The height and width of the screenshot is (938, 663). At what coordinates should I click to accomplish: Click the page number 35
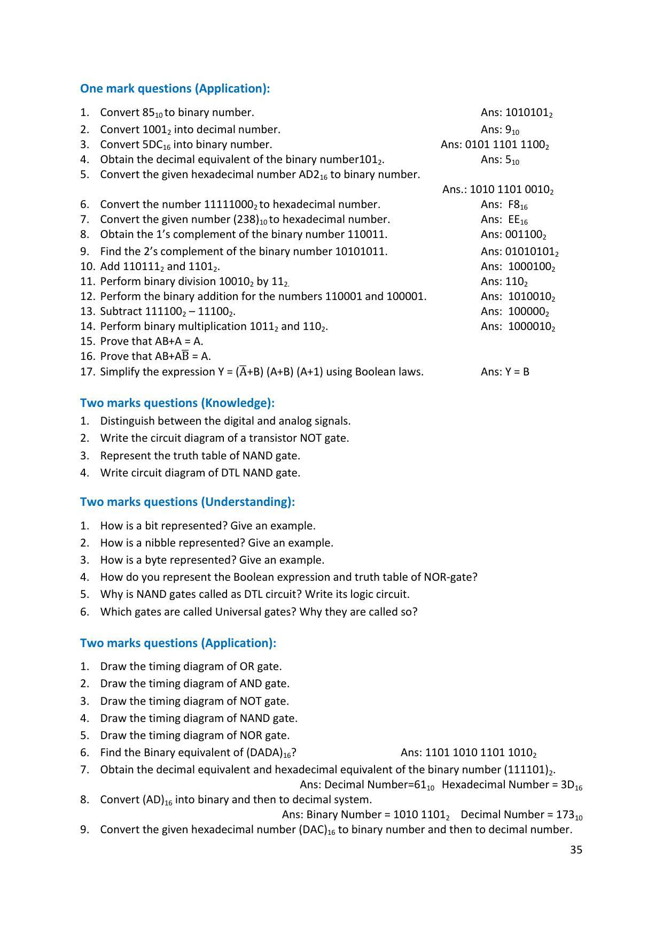click(576, 850)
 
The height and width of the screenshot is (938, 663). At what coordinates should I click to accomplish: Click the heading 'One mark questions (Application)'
click(175, 88)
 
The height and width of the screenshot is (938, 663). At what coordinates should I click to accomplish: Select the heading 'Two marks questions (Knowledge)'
click(177, 403)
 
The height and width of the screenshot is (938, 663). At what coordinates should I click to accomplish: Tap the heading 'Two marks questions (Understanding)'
click(187, 502)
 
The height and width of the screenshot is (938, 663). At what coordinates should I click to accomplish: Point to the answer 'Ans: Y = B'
click(505, 372)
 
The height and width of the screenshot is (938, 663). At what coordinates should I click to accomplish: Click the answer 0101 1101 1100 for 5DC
click(506, 144)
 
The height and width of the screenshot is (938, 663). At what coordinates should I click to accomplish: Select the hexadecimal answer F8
click(517, 204)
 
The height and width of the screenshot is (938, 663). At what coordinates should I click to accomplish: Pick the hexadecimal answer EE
click(517, 219)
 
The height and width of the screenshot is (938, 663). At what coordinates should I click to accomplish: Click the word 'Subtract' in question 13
click(121, 311)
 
